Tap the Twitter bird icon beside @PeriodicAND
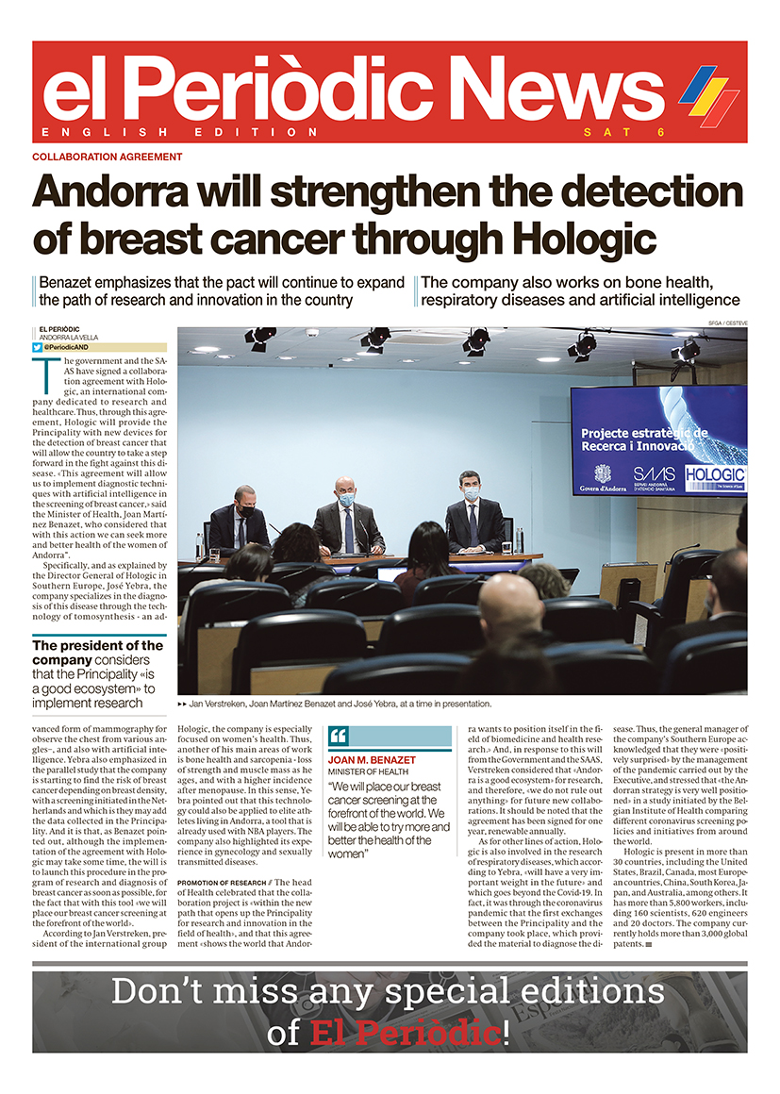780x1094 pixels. (37, 347)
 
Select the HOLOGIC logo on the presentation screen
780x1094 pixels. (715, 474)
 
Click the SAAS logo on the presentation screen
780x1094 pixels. (653, 474)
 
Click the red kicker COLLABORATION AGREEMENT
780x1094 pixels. (107, 157)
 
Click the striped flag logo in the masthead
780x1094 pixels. (708, 91)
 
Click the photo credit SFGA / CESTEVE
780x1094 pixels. (726, 323)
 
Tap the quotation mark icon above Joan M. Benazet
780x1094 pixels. (339, 736)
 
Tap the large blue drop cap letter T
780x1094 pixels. (42, 375)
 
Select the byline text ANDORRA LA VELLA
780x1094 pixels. (70, 338)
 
